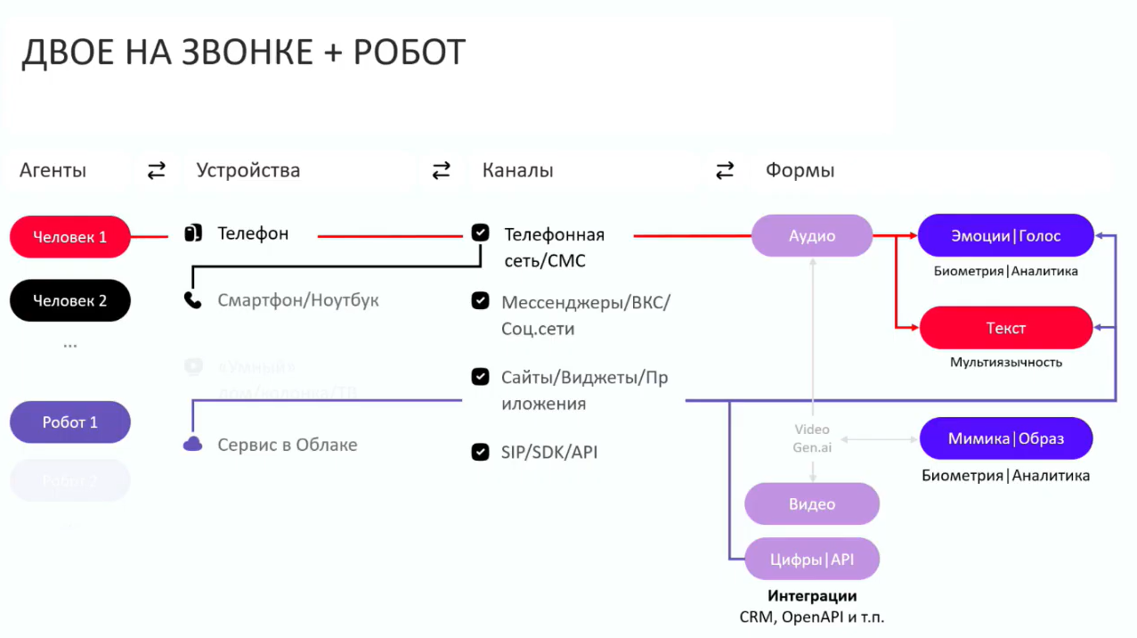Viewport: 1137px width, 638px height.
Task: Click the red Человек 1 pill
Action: coord(70,237)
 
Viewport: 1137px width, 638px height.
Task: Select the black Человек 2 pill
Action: coord(70,300)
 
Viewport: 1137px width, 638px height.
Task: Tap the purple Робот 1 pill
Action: coord(70,422)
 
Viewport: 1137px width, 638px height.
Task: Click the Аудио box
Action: coord(812,236)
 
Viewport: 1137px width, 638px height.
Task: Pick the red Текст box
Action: coord(1006,328)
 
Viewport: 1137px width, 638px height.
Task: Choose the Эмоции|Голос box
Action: coord(1006,236)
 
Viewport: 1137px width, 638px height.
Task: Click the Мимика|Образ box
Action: coord(1006,438)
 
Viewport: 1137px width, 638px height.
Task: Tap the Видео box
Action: coord(812,503)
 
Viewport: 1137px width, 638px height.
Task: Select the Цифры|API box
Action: coord(812,560)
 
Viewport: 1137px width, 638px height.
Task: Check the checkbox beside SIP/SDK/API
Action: coord(481,452)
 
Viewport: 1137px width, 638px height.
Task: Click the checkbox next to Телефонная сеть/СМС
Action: coord(481,233)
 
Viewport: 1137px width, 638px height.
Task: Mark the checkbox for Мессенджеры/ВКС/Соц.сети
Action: coord(481,301)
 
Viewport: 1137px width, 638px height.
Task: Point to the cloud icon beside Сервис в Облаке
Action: coord(192,444)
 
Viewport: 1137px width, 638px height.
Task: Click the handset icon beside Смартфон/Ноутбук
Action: coord(192,300)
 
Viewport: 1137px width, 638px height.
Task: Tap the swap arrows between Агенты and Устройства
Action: coord(157,170)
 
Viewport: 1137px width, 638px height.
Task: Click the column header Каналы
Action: coord(517,170)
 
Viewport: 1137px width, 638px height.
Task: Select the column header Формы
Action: coord(800,170)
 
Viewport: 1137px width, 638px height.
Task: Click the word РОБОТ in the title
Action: coord(410,53)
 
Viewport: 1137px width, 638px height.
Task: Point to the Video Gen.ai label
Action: coord(812,438)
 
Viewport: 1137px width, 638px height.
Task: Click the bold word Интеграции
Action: coord(812,596)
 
